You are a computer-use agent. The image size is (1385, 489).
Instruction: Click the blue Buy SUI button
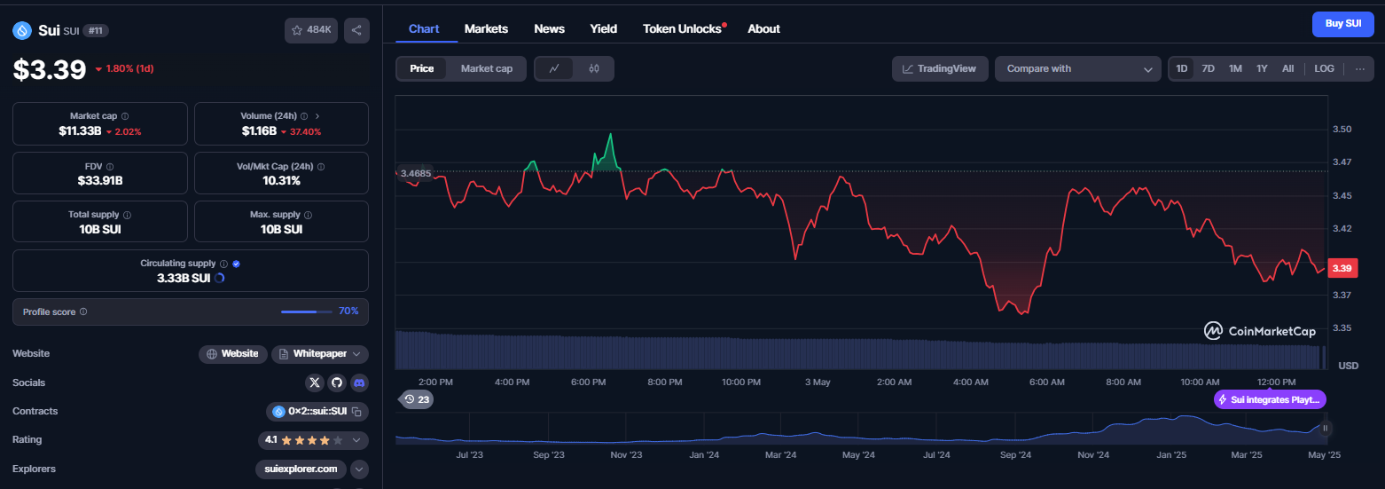[1343, 24]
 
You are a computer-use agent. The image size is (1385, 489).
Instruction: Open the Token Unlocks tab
[682, 29]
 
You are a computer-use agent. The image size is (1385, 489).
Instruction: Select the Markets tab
[486, 29]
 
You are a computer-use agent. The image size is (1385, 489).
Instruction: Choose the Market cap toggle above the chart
[487, 68]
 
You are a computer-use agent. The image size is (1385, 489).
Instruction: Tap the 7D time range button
[1209, 68]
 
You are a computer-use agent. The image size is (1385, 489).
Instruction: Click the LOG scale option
[1324, 68]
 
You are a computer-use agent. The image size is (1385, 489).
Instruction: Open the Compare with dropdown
[1077, 68]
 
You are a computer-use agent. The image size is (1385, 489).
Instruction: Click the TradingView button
[940, 68]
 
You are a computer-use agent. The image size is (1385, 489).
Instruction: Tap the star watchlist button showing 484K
[311, 30]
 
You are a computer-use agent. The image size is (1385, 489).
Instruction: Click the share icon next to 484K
[356, 30]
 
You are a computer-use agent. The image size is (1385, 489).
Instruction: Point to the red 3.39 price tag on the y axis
[1342, 268]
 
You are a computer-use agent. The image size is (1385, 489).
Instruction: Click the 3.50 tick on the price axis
[1342, 130]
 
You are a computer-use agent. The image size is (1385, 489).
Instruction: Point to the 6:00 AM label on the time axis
[1047, 382]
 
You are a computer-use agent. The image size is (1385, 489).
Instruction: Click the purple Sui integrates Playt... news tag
[1270, 400]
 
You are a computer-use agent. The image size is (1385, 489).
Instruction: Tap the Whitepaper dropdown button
[320, 354]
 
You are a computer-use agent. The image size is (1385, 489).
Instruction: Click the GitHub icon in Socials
[336, 383]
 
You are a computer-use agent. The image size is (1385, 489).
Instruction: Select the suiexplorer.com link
[301, 469]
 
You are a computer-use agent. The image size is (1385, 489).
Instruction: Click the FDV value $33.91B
[100, 181]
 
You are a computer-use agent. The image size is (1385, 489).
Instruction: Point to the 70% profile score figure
[348, 312]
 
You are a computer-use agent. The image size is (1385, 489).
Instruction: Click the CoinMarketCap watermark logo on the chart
[1259, 331]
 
